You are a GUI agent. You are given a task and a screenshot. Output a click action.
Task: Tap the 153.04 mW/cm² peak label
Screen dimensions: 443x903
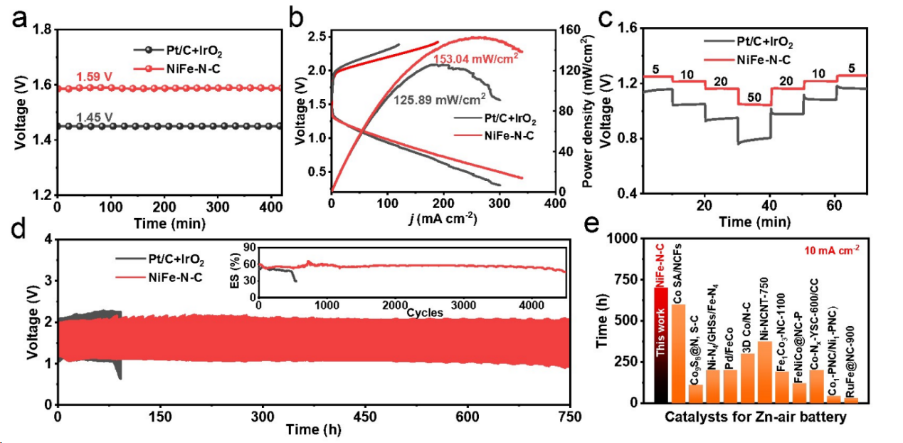(x=475, y=59)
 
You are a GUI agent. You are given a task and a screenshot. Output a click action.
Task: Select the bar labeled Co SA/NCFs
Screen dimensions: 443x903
(x=679, y=353)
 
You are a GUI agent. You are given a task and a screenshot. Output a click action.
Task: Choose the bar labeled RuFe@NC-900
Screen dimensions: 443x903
(x=851, y=400)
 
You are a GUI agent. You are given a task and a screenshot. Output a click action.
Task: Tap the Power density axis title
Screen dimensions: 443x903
(x=588, y=113)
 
